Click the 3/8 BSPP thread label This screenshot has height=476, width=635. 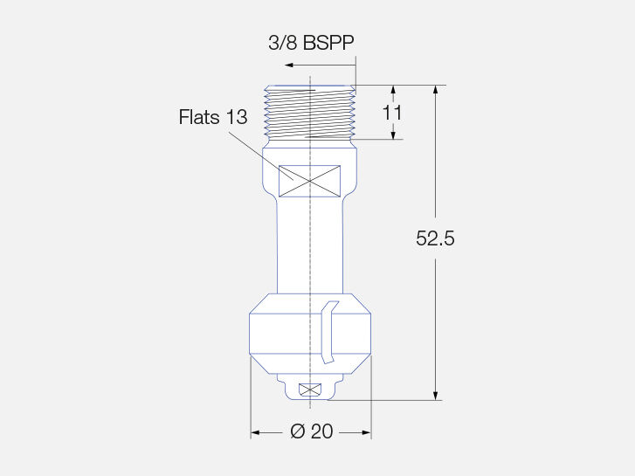point(311,43)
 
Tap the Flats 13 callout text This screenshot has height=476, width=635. point(213,117)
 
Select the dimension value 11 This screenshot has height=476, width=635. point(392,113)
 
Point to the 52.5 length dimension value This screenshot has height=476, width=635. point(435,238)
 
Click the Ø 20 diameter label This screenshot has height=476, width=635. point(312,431)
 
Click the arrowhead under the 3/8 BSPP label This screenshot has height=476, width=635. point(289,65)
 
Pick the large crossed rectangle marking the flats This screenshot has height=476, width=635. point(310,181)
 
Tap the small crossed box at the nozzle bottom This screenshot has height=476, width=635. point(310,390)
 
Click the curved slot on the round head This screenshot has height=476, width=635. point(328,332)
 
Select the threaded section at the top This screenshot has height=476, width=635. point(310,113)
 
